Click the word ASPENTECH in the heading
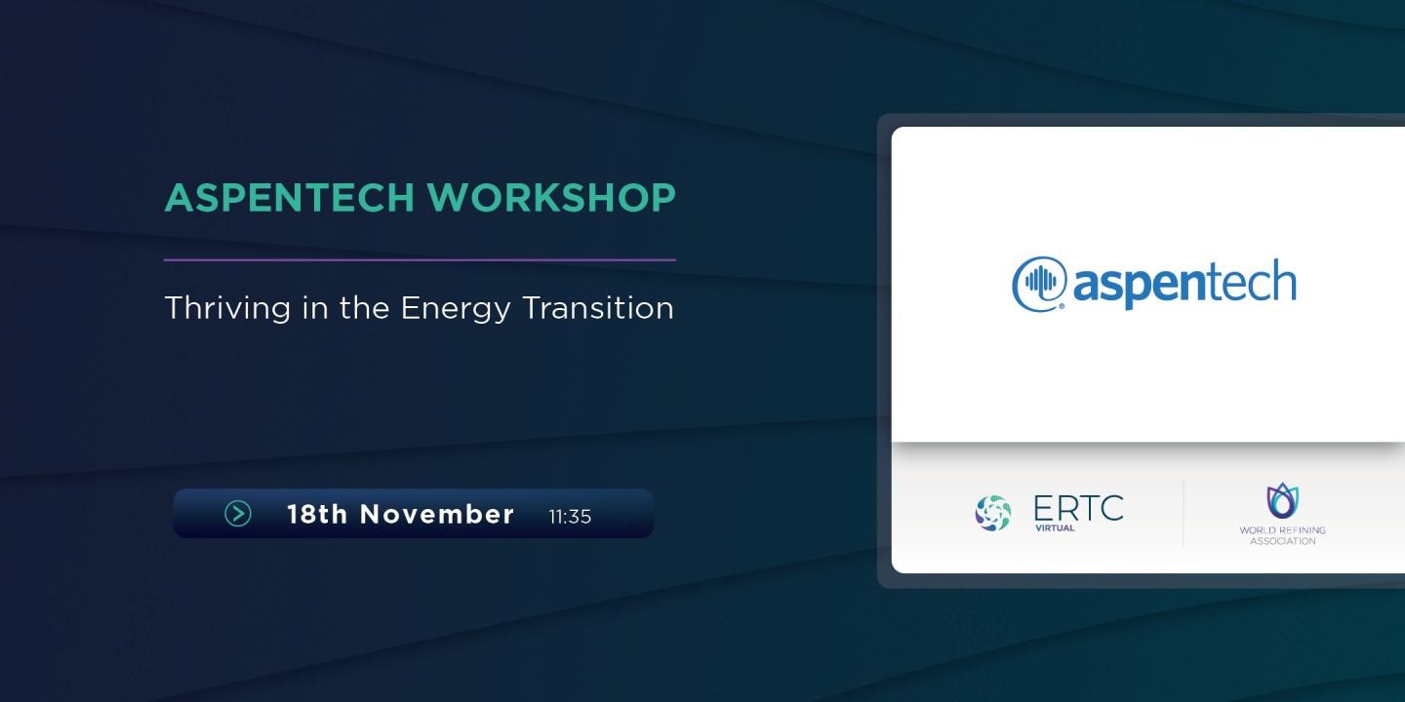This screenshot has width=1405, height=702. (290, 198)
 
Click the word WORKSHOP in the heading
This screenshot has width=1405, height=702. (551, 198)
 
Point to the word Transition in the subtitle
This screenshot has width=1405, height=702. (598, 308)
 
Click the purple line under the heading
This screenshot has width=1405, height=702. (420, 260)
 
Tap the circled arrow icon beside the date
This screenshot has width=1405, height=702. (238, 514)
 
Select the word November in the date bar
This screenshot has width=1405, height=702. (437, 514)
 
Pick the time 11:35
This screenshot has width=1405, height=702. (570, 516)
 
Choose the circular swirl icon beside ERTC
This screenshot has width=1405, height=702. (993, 513)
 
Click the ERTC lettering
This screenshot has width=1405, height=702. (1078, 507)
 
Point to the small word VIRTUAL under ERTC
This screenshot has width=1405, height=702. (1055, 527)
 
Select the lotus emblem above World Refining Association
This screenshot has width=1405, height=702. (1282, 500)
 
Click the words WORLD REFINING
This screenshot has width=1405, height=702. (1282, 530)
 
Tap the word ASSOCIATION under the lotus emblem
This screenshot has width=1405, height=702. (1282, 541)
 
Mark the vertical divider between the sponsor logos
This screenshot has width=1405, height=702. (1184, 514)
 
